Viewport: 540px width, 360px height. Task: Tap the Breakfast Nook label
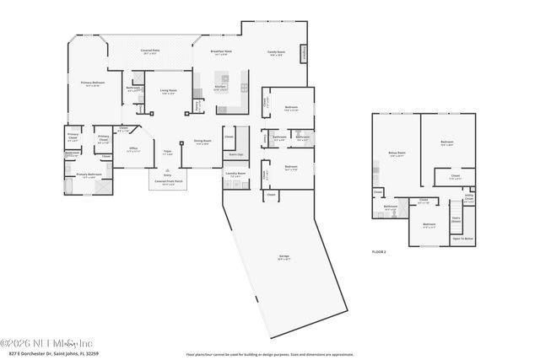point(221,51)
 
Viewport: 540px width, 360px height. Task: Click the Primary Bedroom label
point(90,83)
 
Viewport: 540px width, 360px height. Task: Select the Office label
point(132,148)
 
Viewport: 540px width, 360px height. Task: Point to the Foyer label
point(167,152)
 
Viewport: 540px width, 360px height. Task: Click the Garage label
point(285,258)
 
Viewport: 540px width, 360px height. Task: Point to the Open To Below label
point(462,239)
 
